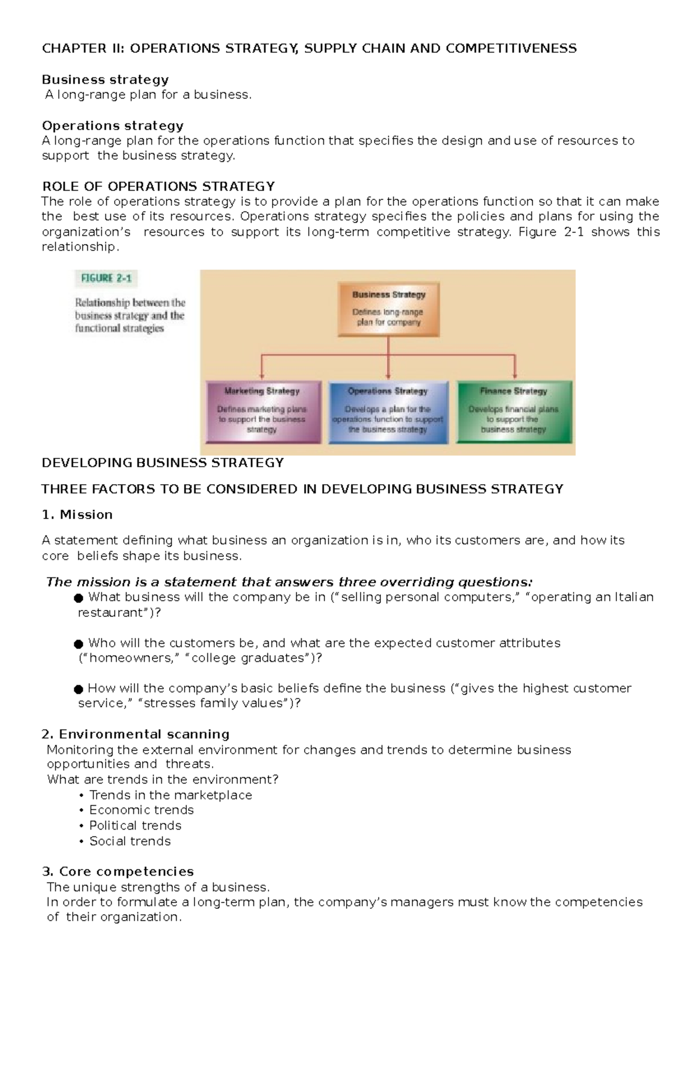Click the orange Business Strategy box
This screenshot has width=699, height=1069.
pyautogui.click(x=389, y=309)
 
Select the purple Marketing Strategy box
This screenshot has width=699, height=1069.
pyautogui.click(x=263, y=412)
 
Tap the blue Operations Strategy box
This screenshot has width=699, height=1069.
pyautogui.click(x=388, y=412)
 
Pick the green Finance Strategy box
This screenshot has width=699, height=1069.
pyautogui.click(x=514, y=412)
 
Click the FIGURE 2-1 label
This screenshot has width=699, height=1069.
pyautogui.click(x=106, y=278)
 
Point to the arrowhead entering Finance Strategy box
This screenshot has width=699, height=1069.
pyautogui.click(x=515, y=376)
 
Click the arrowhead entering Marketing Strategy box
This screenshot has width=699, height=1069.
pyautogui.click(x=262, y=376)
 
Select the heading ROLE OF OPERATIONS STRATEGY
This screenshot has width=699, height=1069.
pyautogui.click(x=158, y=186)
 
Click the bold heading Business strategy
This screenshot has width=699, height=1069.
pyautogui.click(x=105, y=79)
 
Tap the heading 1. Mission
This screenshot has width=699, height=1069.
pyautogui.click(x=77, y=514)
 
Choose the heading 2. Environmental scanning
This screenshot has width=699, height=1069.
pyautogui.click(x=136, y=734)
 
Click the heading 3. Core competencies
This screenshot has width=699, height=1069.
pyautogui.click(x=118, y=872)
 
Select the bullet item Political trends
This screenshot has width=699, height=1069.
pyautogui.click(x=135, y=825)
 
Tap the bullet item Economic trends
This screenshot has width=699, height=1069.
pyautogui.click(x=141, y=810)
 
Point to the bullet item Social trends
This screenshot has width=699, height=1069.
pyautogui.click(x=129, y=841)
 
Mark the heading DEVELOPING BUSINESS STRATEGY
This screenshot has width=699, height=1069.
pyautogui.click(x=163, y=463)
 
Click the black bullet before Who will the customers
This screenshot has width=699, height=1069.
pyautogui.click(x=79, y=644)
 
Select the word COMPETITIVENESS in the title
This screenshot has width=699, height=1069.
pyautogui.click(x=511, y=48)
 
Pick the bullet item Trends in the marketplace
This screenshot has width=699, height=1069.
pyautogui.click(x=170, y=795)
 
